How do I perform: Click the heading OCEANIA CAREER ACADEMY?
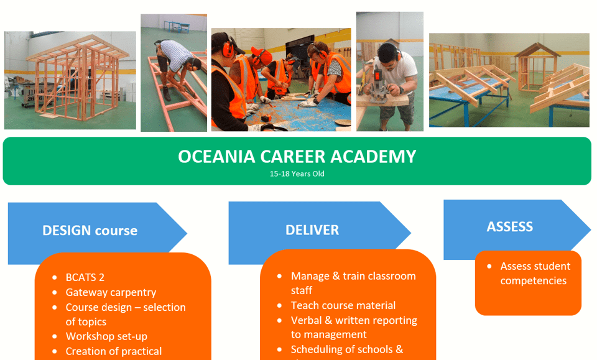(x=297, y=156)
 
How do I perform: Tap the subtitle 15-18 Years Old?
(x=297, y=174)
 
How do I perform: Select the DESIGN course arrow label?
(x=90, y=231)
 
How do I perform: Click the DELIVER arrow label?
(x=312, y=230)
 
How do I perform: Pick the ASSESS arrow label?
(x=509, y=227)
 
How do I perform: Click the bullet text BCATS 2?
(x=85, y=277)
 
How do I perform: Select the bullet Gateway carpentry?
(x=111, y=292)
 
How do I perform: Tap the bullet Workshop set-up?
(x=106, y=336)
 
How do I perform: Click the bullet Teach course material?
(x=343, y=305)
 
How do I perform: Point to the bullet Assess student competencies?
(x=534, y=273)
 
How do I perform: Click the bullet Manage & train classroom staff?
(x=353, y=283)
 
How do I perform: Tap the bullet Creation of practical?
(x=113, y=351)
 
